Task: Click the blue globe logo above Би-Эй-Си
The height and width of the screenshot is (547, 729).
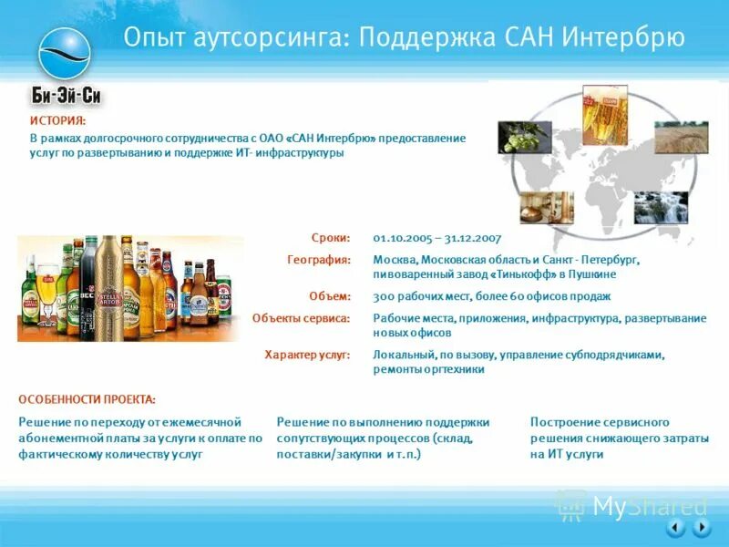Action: pos(64,53)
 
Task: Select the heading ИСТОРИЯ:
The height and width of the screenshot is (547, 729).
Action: pos(57,120)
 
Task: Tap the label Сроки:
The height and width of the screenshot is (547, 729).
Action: pos(331,238)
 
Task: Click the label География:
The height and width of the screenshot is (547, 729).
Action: pos(319,260)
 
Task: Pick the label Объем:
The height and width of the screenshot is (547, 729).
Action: pos(330,296)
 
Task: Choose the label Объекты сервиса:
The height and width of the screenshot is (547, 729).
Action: pos(302,318)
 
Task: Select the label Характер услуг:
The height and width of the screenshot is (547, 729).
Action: pos(307,355)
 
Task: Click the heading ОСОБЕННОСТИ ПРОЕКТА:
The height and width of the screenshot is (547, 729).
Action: pos(87,399)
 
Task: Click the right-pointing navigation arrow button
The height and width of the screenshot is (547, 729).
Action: pos(701,527)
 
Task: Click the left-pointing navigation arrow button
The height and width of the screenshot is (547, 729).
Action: pos(675,527)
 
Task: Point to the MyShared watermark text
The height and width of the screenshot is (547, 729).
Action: pos(650,507)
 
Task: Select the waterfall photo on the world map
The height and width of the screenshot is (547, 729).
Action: pos(661,208)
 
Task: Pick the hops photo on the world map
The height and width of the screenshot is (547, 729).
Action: pos(524,138)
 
